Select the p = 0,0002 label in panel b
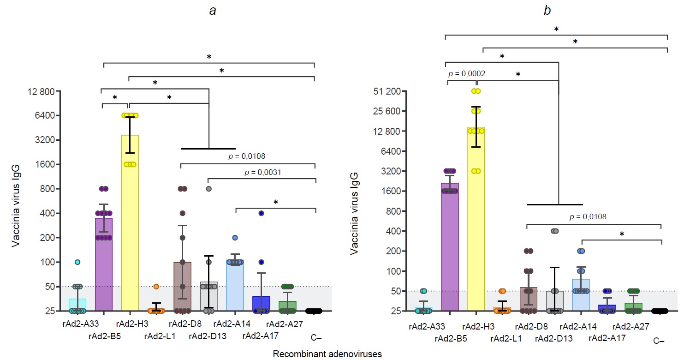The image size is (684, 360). (466, 73)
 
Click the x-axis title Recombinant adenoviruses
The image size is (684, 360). (327, 354)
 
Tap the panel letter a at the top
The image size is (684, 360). (213, 11)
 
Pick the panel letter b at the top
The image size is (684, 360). (547, 11)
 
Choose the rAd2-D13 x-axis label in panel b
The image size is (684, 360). (553, 339)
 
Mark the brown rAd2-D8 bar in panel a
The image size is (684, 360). (182, 286)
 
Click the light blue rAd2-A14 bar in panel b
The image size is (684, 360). (581, 295)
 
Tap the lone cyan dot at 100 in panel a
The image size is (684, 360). (78, 262)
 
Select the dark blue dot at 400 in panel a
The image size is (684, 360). (261, 213)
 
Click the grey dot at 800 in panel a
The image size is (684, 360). (208, 189)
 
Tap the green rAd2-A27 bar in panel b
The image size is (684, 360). (633, 307)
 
